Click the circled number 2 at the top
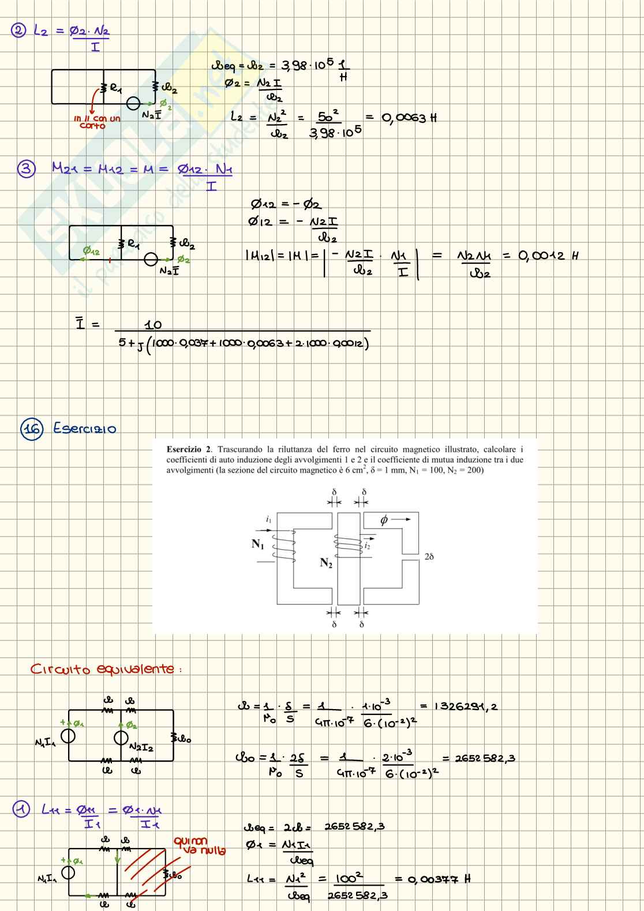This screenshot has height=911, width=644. coord(18,31)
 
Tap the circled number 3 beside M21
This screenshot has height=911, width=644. coord(26,169)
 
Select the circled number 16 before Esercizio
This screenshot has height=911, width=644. coord(32,429)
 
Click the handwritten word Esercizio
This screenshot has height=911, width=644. coord(85,429)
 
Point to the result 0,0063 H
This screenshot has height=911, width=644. coord(409,118)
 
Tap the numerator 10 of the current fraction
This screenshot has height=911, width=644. coord(153,325)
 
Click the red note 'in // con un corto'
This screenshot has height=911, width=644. coord(96,122)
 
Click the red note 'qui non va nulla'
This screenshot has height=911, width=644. coord(199,846)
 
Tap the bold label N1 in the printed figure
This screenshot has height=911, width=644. coord(257,543)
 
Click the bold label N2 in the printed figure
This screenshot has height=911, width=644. coord(326,563)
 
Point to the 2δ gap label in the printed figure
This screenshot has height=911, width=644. coord(429,557)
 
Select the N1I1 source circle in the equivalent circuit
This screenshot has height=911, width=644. coord(68,736)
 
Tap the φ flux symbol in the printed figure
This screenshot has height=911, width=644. coord(384,520)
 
